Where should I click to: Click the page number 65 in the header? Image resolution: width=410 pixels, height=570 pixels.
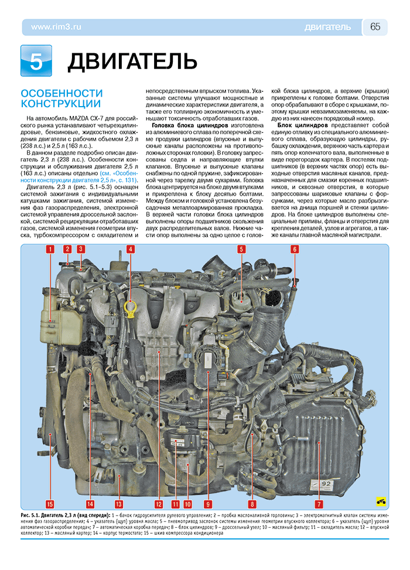pos(375,27)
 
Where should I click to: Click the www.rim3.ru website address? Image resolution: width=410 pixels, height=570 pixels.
pos(56,27)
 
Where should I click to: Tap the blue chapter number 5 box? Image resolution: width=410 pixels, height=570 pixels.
pos(36,60)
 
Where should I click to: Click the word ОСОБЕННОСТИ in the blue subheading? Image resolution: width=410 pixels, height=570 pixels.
pos(61,94)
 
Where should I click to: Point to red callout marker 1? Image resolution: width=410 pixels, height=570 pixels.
pos(51,249)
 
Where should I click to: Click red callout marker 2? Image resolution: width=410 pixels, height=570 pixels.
pos(67,249)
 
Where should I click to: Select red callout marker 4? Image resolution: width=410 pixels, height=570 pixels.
pos(131,249)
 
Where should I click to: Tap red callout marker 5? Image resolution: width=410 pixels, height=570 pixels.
pos(241,249)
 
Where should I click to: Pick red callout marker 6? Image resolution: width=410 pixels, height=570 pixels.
pos(295,249)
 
